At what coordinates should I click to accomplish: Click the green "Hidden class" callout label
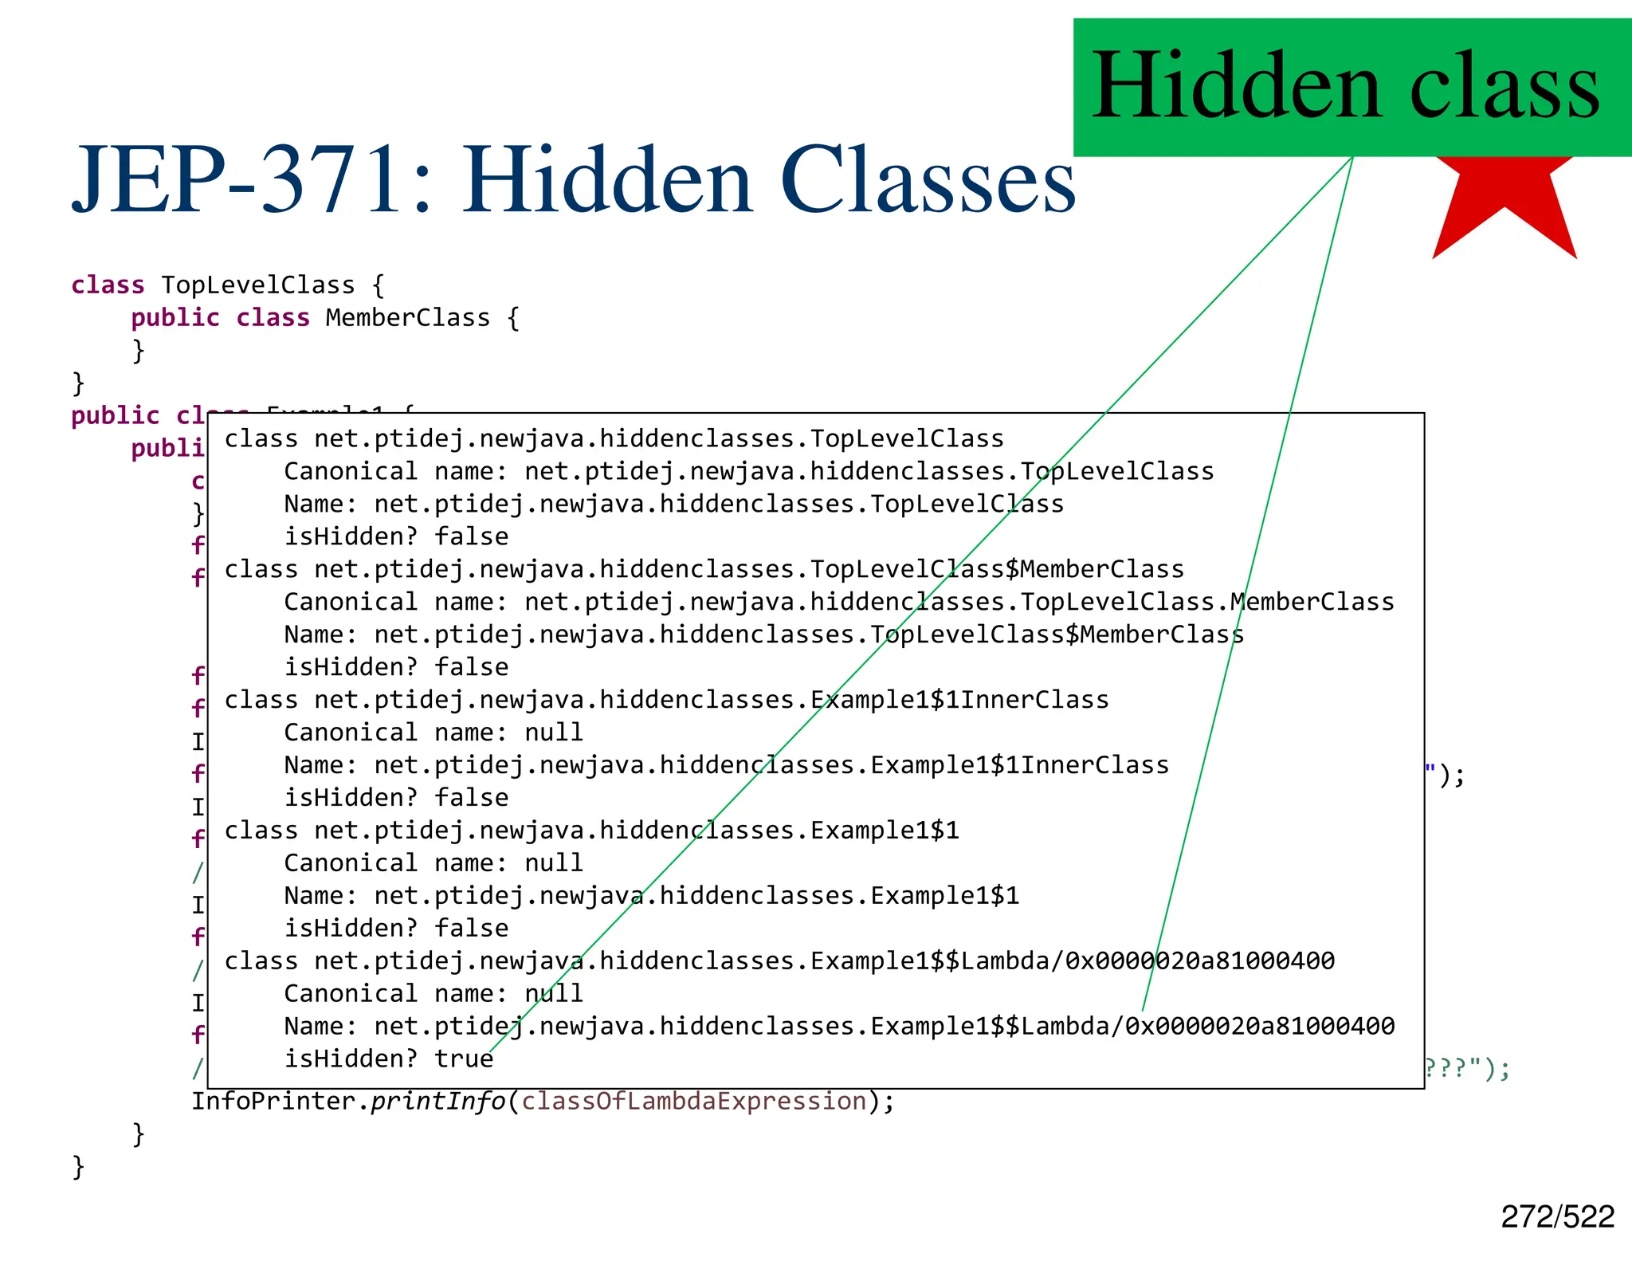coord(1347,86)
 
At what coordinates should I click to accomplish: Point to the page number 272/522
coord(1557,1217)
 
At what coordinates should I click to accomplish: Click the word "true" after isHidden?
coord(464,1059)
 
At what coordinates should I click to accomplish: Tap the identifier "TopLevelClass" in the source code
coord(257,285)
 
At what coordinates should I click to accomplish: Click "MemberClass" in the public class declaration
coord(407,317)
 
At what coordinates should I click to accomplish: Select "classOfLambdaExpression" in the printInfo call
coord(693,1101)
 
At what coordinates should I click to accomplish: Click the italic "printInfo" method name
coord(437,1101)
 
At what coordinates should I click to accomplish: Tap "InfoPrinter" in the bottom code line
coord(274,1101)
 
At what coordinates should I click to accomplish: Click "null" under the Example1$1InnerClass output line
coord(553,732)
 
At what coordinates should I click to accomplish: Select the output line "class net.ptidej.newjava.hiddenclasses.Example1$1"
coord(591,831)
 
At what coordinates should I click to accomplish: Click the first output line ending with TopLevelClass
coord(614,438)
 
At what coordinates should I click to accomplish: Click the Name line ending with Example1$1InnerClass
coord(726,765)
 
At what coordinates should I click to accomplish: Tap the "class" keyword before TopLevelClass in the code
coord(108,285)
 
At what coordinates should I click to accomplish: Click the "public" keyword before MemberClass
coord(175,317)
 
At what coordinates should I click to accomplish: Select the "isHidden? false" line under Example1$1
coord(396,929)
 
